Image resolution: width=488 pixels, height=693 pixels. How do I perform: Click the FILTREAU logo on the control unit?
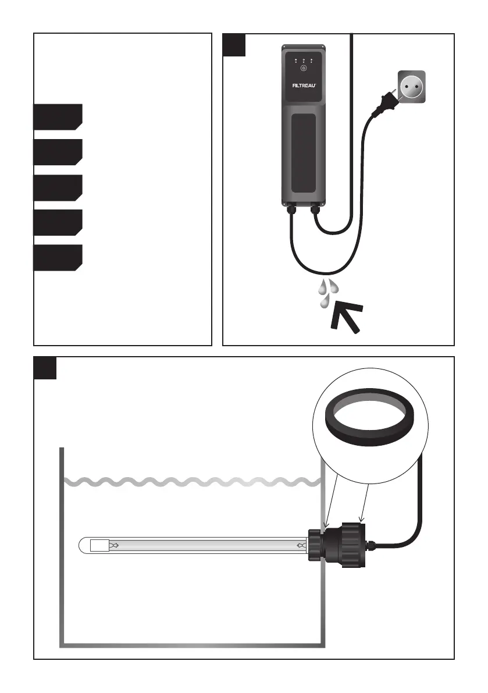(303, 83)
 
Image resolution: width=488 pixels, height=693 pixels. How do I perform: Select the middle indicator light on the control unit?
(303, 59)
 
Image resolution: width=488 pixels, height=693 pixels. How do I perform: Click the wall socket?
(411, 87)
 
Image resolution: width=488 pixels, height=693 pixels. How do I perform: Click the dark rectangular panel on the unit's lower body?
(303, 153)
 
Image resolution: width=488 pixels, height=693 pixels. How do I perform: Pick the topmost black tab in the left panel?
(57, 116)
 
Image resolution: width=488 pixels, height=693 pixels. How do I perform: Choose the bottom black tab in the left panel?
(57, 258)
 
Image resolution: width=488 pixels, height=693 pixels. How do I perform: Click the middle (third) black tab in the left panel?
(57, 187)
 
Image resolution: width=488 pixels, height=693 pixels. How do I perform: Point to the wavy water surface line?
(192, 482)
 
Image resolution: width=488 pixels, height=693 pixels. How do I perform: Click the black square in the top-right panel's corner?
(235, 45)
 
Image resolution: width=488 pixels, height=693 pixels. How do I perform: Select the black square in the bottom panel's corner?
(45, 368)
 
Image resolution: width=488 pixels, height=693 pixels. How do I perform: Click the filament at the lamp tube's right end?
(301, 546)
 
